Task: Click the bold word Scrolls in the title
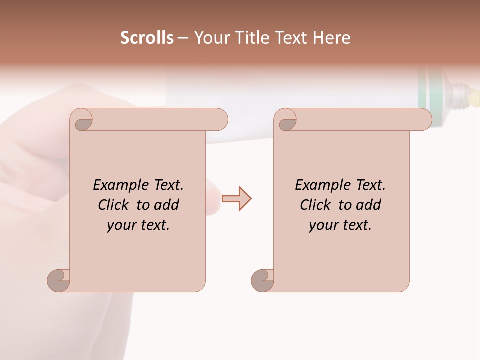click(147, 38)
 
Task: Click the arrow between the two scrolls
click(237, 199)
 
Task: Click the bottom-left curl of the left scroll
click(59, 280)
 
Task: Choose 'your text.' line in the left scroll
click(138, 225)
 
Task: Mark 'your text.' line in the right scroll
click(340, 225)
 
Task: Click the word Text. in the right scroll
click(370, 185)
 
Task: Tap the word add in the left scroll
click(166, 205)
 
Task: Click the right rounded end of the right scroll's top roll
click(424, 120)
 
